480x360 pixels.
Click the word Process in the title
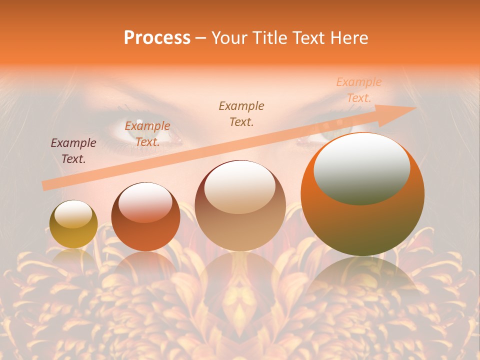pos(157,38)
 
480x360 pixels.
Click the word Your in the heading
pos(230,38)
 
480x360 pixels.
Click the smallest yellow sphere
pos(73,224)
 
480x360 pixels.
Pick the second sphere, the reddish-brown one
pos(145,216)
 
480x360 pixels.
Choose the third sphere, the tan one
pos(240,205)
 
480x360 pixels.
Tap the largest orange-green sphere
pos(362,194)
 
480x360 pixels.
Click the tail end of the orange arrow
pos(44,186)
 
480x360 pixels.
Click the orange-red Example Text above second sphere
pos(147,134)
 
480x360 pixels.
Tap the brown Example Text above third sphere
pos(241,113)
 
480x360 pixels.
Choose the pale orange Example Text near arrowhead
pos(359,90)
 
